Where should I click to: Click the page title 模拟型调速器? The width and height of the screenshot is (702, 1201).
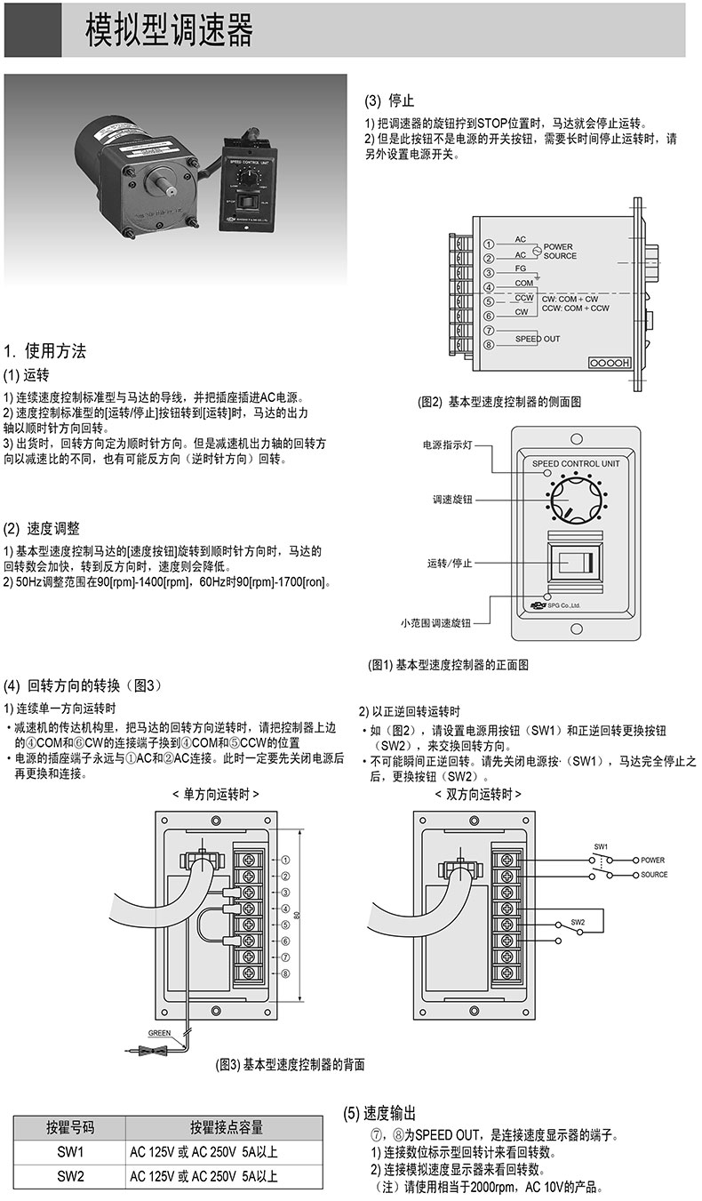[x=169, y=30]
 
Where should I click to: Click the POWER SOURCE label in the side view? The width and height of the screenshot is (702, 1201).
[x=560, y=251]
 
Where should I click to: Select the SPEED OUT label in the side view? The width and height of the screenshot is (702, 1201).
[x=538, y=339]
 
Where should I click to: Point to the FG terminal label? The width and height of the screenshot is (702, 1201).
[x=522, y=267]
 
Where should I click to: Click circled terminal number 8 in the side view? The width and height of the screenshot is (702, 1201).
[x=489, y=345]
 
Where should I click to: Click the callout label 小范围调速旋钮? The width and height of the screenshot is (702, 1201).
[x=435, y=623]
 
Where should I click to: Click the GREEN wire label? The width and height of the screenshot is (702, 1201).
[x=159, y=1034]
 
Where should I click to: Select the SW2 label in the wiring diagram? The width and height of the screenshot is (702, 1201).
[x=578, y=922]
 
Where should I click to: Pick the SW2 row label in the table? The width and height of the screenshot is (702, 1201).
[x=70, y=1176]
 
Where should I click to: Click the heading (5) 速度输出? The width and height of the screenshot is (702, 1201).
[x=379, y=1114]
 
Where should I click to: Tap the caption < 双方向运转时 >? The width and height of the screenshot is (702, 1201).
[x=478, y=793]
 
